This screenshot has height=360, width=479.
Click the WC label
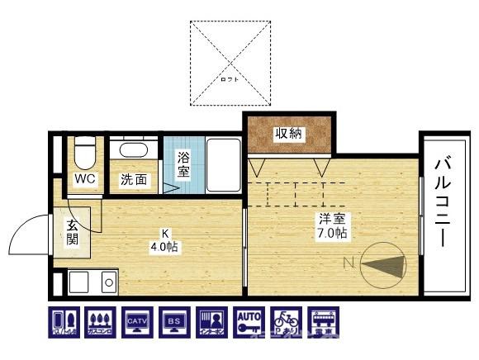click(85, 179)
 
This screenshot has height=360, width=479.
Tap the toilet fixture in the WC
click(83, 154)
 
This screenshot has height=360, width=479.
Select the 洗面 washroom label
click(135, 179)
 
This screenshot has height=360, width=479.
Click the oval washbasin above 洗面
click(133, 151)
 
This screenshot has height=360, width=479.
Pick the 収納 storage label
click(288, 134)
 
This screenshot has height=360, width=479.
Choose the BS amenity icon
click(172, 322)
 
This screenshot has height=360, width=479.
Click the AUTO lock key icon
click(247, 322)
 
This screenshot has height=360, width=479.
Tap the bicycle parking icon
click(284, 322)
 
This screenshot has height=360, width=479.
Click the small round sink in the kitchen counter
click(107, 282)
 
